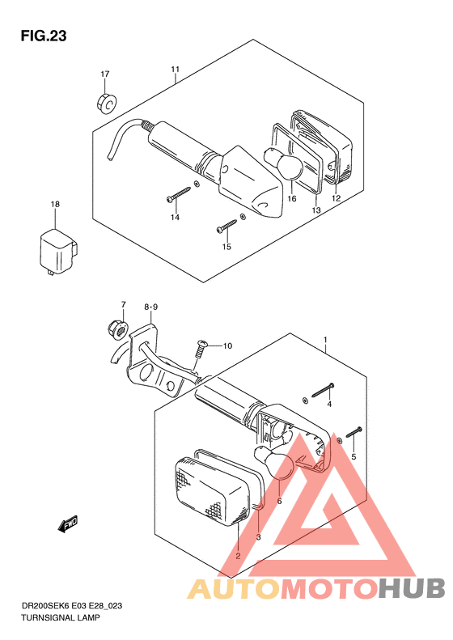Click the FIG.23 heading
point(44,36)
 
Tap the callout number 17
point(105,74)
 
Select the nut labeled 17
point(107,103)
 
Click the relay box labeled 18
point(58,252)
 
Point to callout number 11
point(175,70)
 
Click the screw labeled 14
point(179,194)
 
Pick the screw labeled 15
point(226,226)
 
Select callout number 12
point(336,199)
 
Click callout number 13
point(316,210)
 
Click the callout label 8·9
point(150,307)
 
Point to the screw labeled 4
point(324,389)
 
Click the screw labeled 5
point(354,432)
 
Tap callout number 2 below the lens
point(238,556)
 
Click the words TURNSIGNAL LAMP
point(61,617)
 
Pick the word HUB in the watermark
point(412,589)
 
